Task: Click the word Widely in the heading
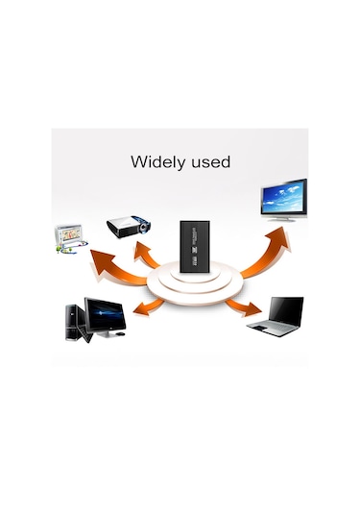pos(156,162)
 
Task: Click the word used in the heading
pos(209,162)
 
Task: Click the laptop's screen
pos(284,308)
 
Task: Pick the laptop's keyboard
pos(269,328)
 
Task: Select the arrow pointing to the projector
pos(148,256)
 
